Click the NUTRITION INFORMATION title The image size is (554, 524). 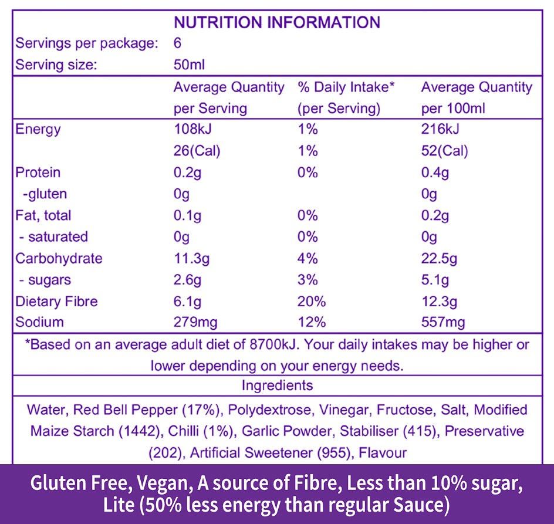coord(277,22)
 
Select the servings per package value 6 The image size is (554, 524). coord(177,43)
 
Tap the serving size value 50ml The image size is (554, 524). coord(189,65)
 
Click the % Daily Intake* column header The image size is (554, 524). coord(346,87)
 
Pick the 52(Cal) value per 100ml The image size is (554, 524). coord(444,151)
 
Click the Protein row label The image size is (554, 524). coord(38,173)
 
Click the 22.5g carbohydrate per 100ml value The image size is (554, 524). coord(440,258)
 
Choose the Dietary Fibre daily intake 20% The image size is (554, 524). coord(312,301)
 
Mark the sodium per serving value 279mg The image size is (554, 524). coord(195,322)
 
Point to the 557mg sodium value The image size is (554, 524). coord(443,322)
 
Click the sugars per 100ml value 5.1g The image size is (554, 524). coord(435,279)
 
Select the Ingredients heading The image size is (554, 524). coord(277,386)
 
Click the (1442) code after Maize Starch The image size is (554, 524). coord(140,431)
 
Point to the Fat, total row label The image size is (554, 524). coord(43,215)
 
